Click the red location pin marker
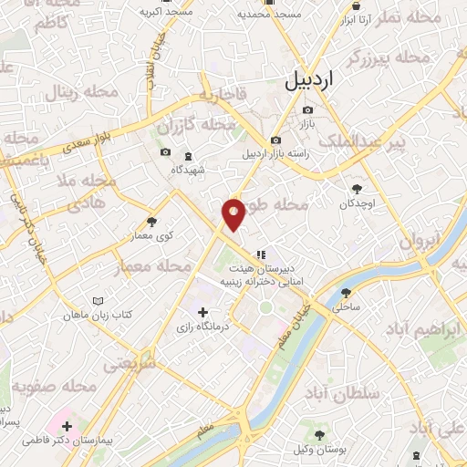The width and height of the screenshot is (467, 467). point(234,213)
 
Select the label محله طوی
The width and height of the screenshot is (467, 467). point(274,206)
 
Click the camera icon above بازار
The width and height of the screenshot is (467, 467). point(307,109)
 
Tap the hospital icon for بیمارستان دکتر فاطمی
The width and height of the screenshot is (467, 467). point(67,425)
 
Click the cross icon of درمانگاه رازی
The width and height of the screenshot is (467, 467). point(202,313)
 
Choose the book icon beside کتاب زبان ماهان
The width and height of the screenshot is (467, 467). point(99,300)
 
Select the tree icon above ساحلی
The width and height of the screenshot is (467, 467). point(346,293)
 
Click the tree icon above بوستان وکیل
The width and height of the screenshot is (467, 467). point(318,435)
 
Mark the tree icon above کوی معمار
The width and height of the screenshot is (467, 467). point(151,222)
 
